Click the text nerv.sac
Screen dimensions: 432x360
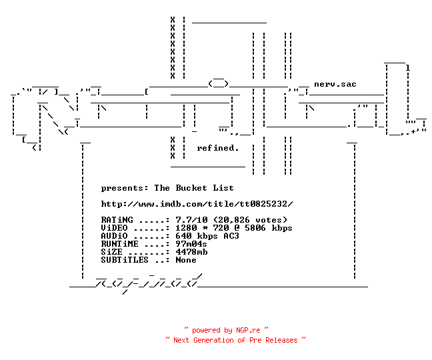click(335, 84)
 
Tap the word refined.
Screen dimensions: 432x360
click(217, 148)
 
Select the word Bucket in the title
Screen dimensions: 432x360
click(191, 188)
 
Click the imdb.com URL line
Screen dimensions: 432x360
click(197, 204)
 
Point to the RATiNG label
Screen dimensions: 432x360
click(117, 220)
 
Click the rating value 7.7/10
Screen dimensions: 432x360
click(191, 220)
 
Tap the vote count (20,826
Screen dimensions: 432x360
click(231, 220)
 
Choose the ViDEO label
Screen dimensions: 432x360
click(115, 228)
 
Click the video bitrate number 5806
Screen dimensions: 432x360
click(255, 228)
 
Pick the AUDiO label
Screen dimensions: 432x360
click(115, 236)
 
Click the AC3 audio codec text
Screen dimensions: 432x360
click(231, 236)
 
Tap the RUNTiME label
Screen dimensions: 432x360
click(120, 244)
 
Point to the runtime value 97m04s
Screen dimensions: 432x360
click(191, 244)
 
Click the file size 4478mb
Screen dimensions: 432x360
click(191, 252)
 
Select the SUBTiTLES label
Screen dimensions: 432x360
click(125, 260)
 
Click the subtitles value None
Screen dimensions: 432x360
click(186, 260)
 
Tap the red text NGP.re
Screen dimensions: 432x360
click(248, 330)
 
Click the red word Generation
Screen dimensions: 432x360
click(213, 340)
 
